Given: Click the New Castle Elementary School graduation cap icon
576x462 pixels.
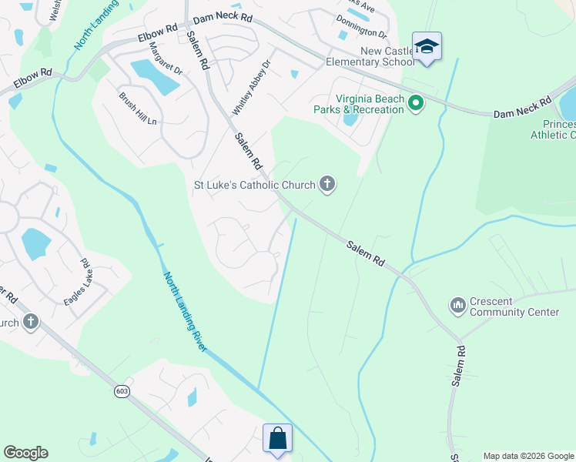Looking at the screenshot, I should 427,47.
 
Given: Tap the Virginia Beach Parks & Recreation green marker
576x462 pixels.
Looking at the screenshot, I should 416,103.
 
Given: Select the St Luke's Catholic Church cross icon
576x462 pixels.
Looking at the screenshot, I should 327,184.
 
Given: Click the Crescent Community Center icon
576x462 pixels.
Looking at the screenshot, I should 458,306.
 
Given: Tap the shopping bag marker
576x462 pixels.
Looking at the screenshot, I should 277,439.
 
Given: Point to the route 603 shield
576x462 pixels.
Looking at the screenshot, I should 122,392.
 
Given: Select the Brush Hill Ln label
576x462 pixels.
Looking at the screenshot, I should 138,109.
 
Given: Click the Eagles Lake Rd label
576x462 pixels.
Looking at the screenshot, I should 79,282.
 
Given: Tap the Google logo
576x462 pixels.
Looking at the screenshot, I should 25,453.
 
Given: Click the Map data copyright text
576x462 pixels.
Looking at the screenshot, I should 528,456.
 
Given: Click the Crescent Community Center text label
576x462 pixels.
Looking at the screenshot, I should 514,306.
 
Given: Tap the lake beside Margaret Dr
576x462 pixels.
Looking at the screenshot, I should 155,76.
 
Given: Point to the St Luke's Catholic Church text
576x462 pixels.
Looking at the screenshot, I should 254,185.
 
